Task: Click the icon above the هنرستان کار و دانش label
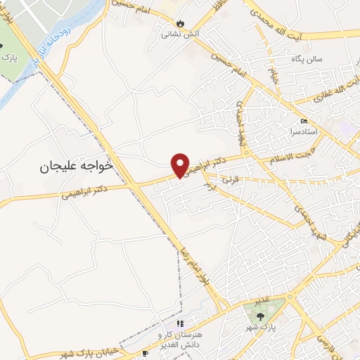point(180,323)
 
